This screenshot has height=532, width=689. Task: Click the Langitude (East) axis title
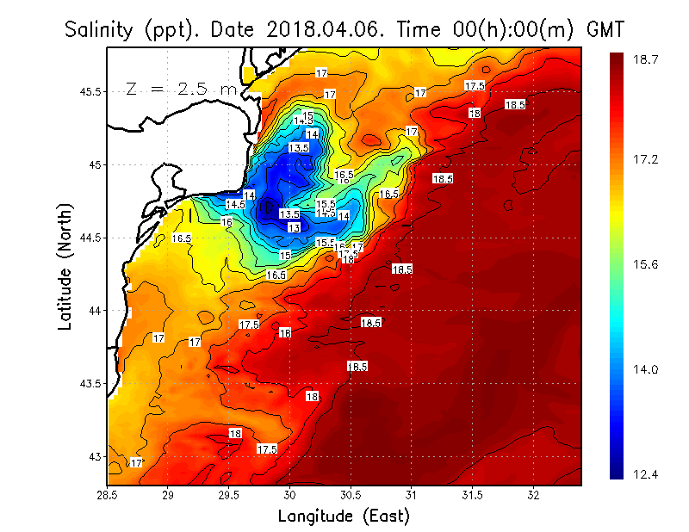(x=344, y=517)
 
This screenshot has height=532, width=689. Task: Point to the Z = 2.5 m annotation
(x=182, y=89)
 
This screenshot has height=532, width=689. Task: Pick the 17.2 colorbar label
(x=648, y=160)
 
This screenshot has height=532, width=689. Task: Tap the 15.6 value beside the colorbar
(x=648, y=264)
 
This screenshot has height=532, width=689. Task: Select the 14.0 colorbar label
(x=648, y=368)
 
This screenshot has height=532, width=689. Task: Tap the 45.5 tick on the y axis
(x=90, y=91)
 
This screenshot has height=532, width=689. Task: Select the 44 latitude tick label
(x=95, y=310)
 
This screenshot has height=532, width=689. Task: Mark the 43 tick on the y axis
(x=95, y=456)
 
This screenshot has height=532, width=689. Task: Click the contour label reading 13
(x=294, y=227)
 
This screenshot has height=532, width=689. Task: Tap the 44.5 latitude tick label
(x=90, y=238)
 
